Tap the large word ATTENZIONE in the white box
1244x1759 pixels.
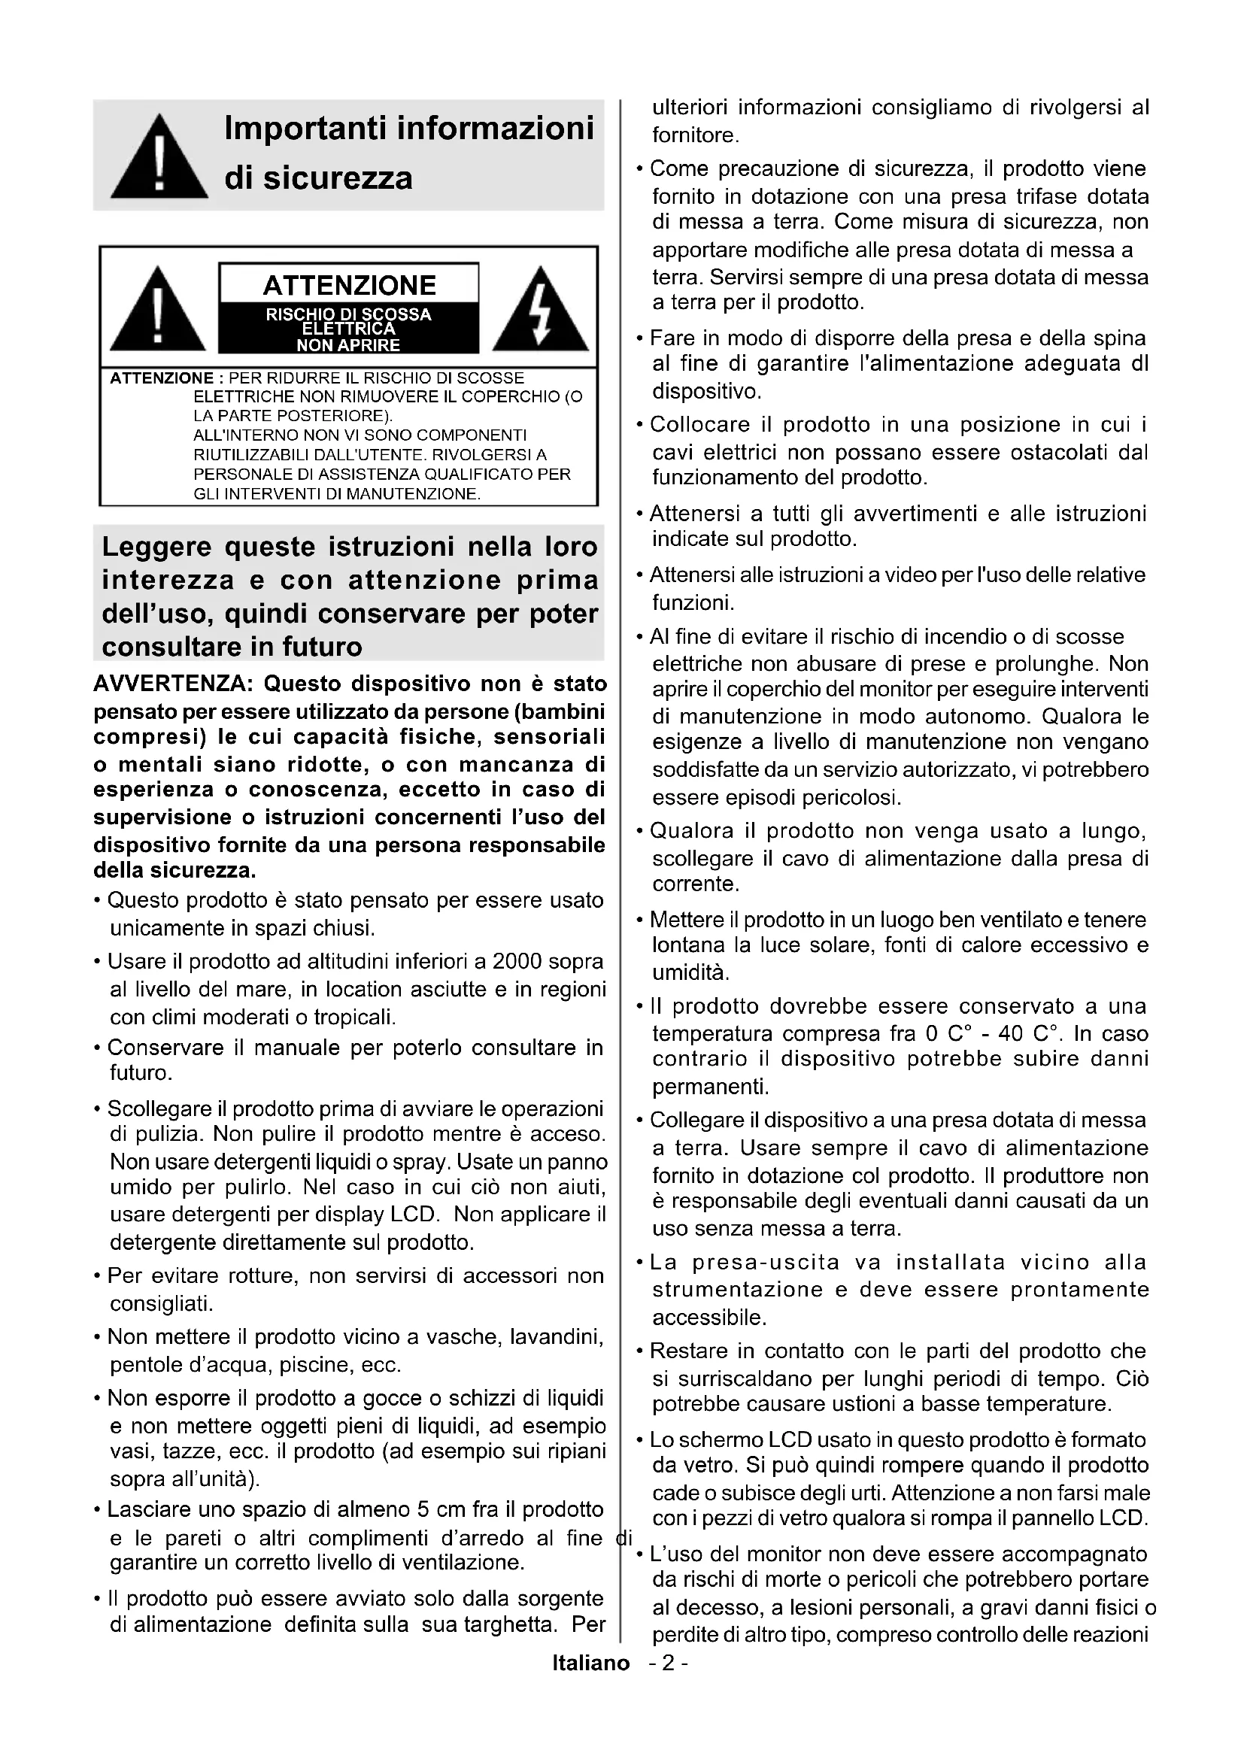click(x=349, y=285)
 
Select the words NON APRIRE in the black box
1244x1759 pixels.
click(x=348, y=345)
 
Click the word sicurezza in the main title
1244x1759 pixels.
click(x=338, y=178)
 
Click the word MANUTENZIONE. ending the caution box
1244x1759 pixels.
click(x=414, y=494)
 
